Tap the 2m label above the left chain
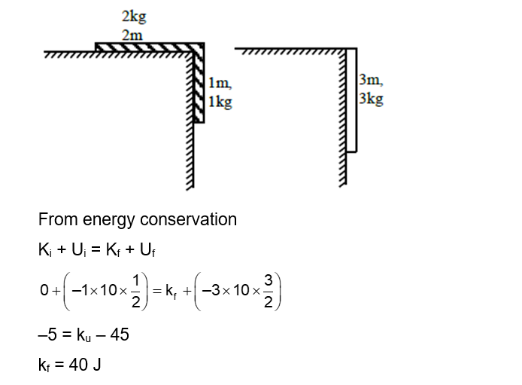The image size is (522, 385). point(132,35)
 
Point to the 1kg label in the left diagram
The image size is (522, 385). point(220,102)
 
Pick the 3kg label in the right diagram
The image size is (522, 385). point(372,99)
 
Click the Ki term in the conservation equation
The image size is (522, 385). point(44,251)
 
